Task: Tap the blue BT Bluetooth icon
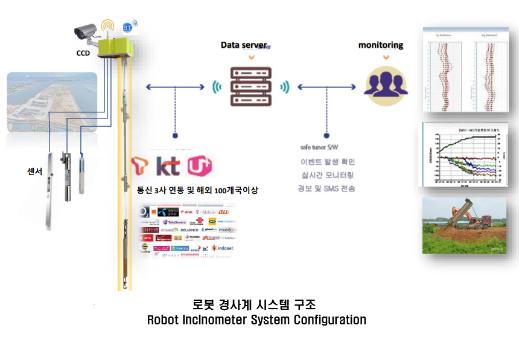pyautogui.click(x=128, y=27)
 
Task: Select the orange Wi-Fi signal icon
pyautogui.click(x=108, y=25)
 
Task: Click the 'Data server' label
pyautogui.click(x=243, y=45)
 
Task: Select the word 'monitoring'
pyautogui.click(x=381, y=45)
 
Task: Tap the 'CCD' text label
pyautogui.click(x=83, y=53)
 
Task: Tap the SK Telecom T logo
pyautogui.click(x=142, y=166)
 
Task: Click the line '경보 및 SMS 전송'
pyautogui.click(x=327, y=188)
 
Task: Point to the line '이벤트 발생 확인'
pyautogui.click(x=327, y=162)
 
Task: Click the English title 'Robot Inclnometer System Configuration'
pyautogui.click(x=256, y=320)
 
